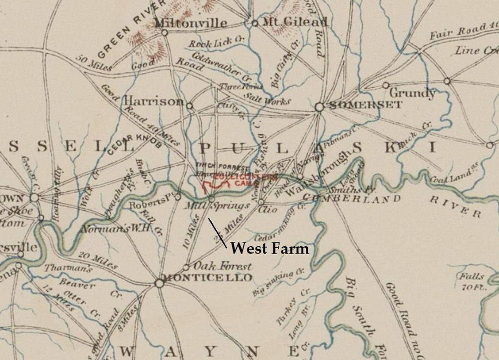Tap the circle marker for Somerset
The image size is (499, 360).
pyautogui.click(x=319, y=106)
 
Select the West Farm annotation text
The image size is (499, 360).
pyautogui.click(x=270, y=248)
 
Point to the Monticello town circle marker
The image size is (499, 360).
pyautogui.click(x=159, y=283)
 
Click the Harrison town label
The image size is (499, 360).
pyautogui.click(x=153, y=101)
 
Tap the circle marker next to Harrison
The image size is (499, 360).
pyautogui.click(x=189, y=105)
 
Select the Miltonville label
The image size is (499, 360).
pyautogui.click(x=191, y=23)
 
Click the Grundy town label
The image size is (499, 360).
pyautogui.click(x=412, y=93)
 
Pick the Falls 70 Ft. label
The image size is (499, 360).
pyautogui.click(x=472, y=281)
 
